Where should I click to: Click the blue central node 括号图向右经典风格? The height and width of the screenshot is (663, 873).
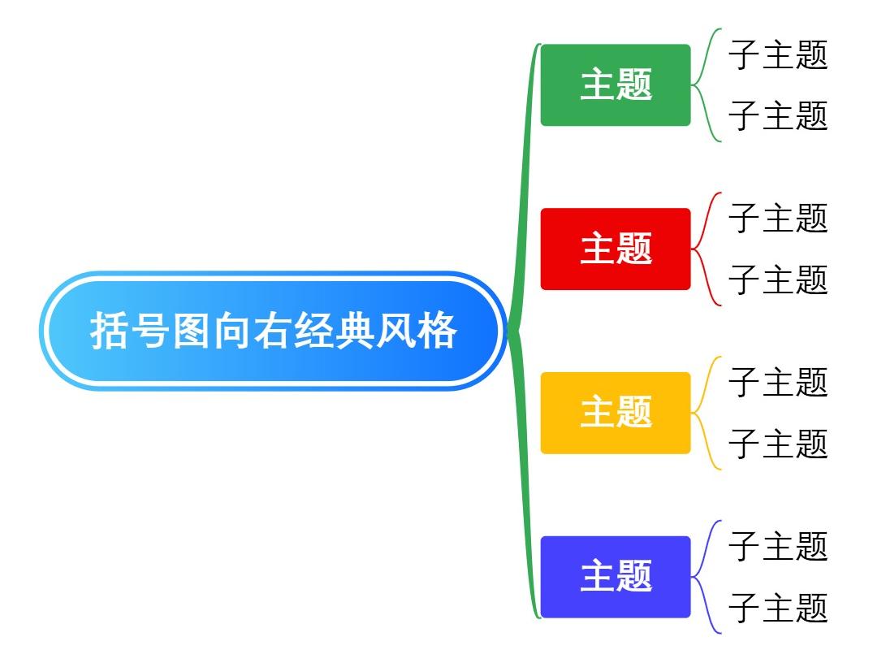click(274, 331)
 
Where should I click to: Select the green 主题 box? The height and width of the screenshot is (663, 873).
click(616, 85)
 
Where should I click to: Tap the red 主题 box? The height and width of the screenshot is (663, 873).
click(616, 249)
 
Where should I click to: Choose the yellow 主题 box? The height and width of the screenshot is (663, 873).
click(616, 413)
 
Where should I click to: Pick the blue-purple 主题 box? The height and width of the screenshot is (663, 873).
click(616, 577)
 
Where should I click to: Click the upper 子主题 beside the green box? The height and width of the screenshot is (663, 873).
click(777, 55)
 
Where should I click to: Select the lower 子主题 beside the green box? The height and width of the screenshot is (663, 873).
click(777, 115)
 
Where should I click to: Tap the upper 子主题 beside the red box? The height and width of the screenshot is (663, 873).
click(777, 219)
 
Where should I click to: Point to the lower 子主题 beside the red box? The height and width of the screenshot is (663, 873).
click(777, 279)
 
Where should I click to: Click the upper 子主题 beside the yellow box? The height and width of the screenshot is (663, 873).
click(777, 382)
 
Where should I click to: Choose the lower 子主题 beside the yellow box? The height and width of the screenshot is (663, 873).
click(777, 444)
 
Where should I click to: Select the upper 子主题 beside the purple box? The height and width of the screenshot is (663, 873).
click(777, 546)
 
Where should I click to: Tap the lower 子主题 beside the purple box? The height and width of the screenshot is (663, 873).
click(777, 608)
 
